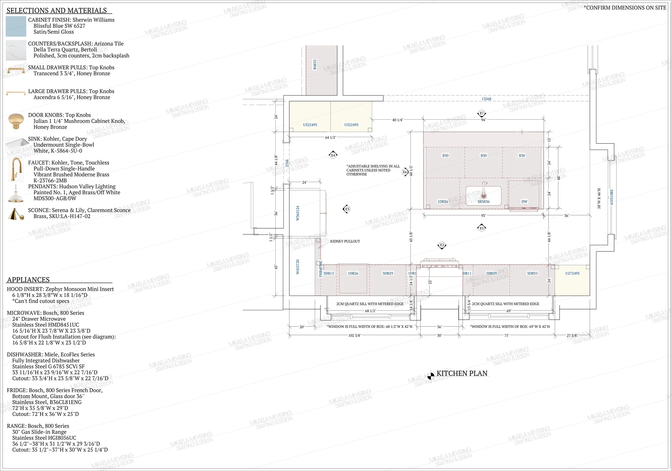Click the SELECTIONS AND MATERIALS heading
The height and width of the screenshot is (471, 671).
(57, 10)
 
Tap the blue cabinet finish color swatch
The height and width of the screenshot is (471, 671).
(16, 26)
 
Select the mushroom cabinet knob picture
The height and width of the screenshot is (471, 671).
(16, 121)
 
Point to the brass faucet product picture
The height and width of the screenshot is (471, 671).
(16, 169)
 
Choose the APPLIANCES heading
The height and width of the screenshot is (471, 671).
(28, 280)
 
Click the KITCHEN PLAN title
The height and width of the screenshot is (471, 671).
(462, 373)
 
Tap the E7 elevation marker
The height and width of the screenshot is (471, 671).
(482, 113)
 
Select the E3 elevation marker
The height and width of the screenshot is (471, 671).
(347, 209)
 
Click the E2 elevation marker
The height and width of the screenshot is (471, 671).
(442, 245)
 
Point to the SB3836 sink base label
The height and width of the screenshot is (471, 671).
(483, 201)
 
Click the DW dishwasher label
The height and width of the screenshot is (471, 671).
(524, 201)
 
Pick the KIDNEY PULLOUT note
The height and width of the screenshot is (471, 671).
(345, 241)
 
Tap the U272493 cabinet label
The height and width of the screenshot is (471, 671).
(572, 273)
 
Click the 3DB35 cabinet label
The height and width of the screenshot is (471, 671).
(532, 273)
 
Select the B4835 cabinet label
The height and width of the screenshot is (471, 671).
(315, 65)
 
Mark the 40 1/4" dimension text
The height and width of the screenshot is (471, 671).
(398, 120)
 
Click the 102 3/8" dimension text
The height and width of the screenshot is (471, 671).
(355, 336)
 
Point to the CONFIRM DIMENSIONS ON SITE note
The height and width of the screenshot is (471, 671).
(625, 8)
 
